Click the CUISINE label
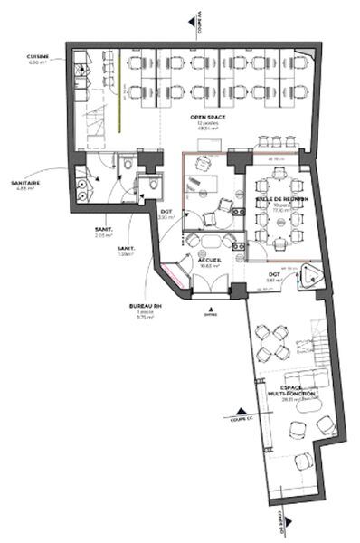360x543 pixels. [36, 56]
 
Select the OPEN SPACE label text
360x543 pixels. [207, 117]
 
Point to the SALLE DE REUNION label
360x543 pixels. [281, 197]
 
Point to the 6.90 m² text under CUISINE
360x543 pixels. [36, 62]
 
